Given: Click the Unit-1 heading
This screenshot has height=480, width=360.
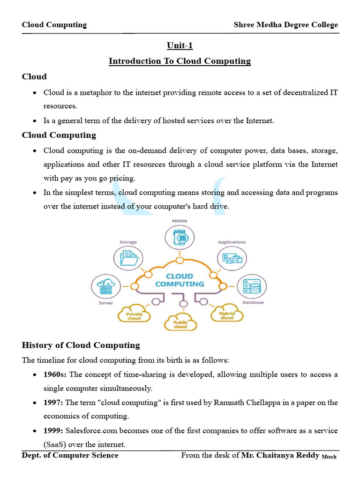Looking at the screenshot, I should (180, 45).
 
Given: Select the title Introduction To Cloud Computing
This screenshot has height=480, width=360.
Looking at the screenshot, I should (180, 61).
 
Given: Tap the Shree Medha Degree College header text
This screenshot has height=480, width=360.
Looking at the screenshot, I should (285, 25).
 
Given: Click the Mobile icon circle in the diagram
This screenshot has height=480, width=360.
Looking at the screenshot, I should (180, 237).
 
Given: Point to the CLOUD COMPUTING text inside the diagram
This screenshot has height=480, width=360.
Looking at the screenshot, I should (180, 280).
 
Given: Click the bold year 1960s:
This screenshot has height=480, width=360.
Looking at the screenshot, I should (55, 375).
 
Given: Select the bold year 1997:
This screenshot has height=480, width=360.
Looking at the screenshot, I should (53, 403).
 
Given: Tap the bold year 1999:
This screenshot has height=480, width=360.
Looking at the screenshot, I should (53, 431).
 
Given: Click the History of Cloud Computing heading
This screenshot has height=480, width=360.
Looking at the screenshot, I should (81, 345).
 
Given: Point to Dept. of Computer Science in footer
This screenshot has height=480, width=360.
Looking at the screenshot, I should (70, 456).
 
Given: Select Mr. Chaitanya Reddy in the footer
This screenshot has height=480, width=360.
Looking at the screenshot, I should (280, 456).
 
